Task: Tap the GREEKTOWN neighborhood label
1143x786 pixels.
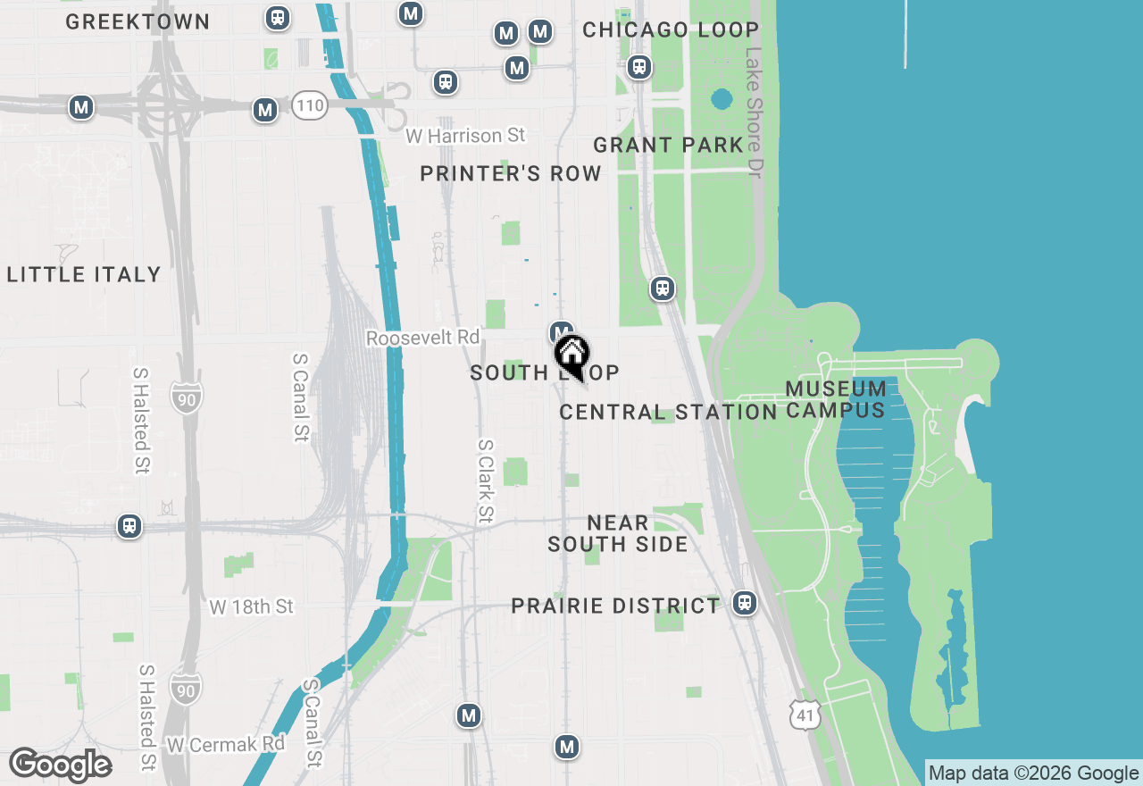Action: pyautogui.click(x=138, y=22)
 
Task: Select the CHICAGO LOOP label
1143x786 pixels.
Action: pyautogui.click(x=671, y=29)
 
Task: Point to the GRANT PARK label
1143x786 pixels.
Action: pyautogui.click(x=668, y=145)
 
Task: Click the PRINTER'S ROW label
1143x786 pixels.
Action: pyautogui.click(x=511, y=174)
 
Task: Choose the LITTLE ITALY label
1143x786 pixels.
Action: pyautogui.click(x=84, y=274)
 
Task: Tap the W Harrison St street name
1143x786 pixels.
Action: pyautogui.click(x=465, y=136)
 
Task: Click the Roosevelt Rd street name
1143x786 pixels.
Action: pyautogui.click(x=422, y=339)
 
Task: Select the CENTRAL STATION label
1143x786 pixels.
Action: pyautogui.click(x=668, y=412)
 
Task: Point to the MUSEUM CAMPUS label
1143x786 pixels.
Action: pyautogui.click(x=837, y=399)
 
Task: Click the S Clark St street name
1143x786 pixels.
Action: pyautogui.click(x=485, y=481)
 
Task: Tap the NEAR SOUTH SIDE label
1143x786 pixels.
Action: pyautogui.click(x=618, y=533)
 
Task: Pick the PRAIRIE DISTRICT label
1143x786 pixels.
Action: pyautogui.click(x=615, y=606)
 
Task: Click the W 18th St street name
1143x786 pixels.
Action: pyautogui.click(x=251, y=607)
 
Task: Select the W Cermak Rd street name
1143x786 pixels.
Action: pyautogui.click(x=225, y=744)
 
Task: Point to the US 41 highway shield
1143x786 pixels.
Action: pyautogui.click(x=804, y=715)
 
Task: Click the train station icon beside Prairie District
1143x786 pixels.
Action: pyautogui.click(x=745, y=603)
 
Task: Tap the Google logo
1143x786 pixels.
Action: pyautogui.click(x=60, y=765)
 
